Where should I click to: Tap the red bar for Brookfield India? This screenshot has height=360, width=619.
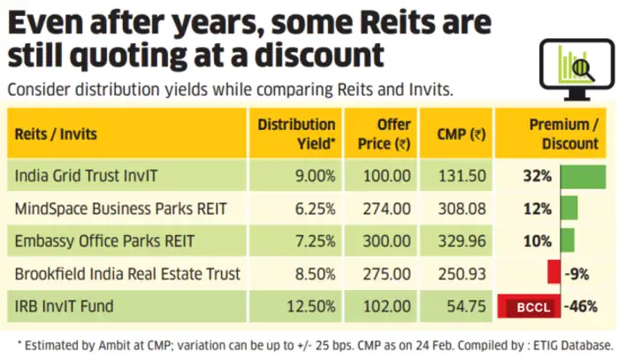pyautogui.click(x=554, y=274)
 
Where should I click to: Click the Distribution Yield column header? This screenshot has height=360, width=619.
pyautogui.click(x=296, y=134)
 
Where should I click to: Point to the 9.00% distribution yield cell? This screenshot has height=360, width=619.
pyautogui.click(x=315, y=176)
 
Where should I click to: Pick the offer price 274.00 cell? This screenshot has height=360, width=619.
pyautogui.click(x=388, y=209)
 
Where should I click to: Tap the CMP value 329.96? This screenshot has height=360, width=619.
pyautogui.click(x=462, y=241)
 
